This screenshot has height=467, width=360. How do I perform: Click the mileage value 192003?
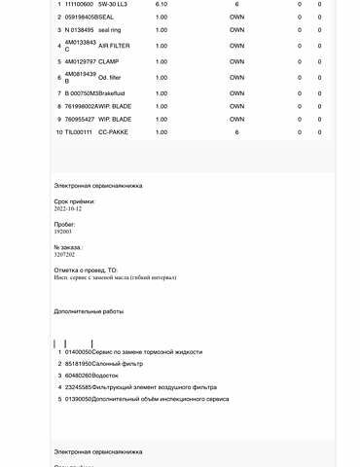point(63,233)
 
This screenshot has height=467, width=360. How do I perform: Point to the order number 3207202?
point(65,255)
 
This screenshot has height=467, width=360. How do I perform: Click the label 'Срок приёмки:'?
point(75,199)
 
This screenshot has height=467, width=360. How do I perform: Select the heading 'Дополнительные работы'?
point(90,312)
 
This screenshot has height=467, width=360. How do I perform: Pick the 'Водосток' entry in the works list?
point(107,375)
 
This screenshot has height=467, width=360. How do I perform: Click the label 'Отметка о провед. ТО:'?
point(86,269)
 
